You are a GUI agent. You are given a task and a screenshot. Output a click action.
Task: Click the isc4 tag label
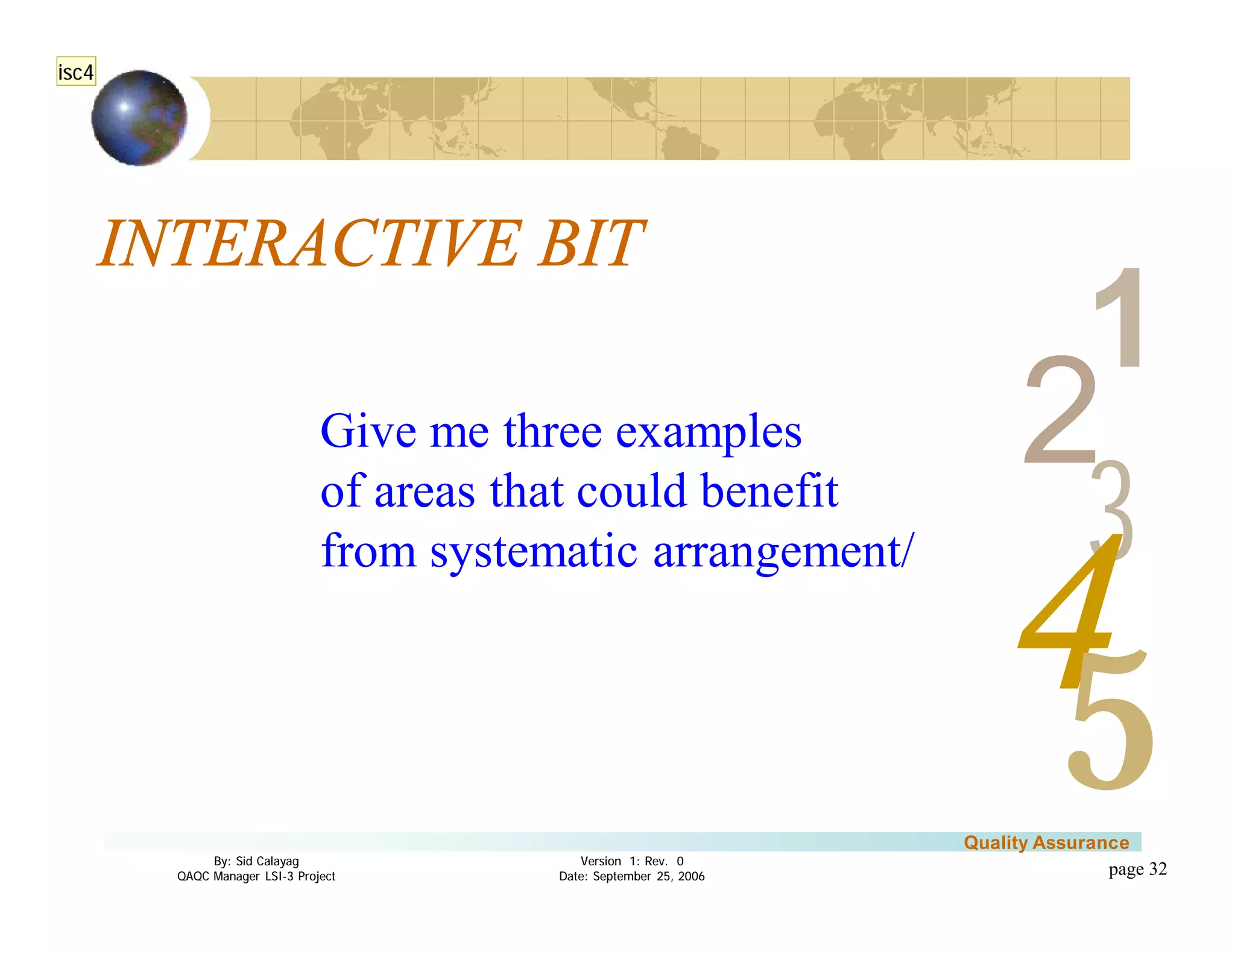click(x=75, y=72)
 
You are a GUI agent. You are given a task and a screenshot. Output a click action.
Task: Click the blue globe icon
click(x=139, y=118)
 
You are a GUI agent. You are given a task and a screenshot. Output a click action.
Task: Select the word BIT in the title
click(x=591, y=244)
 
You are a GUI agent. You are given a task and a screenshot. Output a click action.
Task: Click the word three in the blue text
click(x=552, y=432)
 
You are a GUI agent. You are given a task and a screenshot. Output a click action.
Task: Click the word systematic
click(x=533, y=552)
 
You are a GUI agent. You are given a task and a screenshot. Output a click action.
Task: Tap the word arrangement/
click(x=783, y=552)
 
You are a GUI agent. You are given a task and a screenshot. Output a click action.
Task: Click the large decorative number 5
click(x=1110, y=736)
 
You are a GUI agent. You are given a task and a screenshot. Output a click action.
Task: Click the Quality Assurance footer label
click(x=1046, y=842)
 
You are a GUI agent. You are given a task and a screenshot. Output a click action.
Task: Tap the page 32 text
click(x=1137, y=869)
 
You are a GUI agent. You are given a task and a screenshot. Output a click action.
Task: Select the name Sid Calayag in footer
click(x=267, y=861)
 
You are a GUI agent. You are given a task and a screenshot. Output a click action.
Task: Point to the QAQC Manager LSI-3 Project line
click(x=256, y=876)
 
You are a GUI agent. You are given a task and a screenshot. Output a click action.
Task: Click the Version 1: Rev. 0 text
click(x=631, y=861)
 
